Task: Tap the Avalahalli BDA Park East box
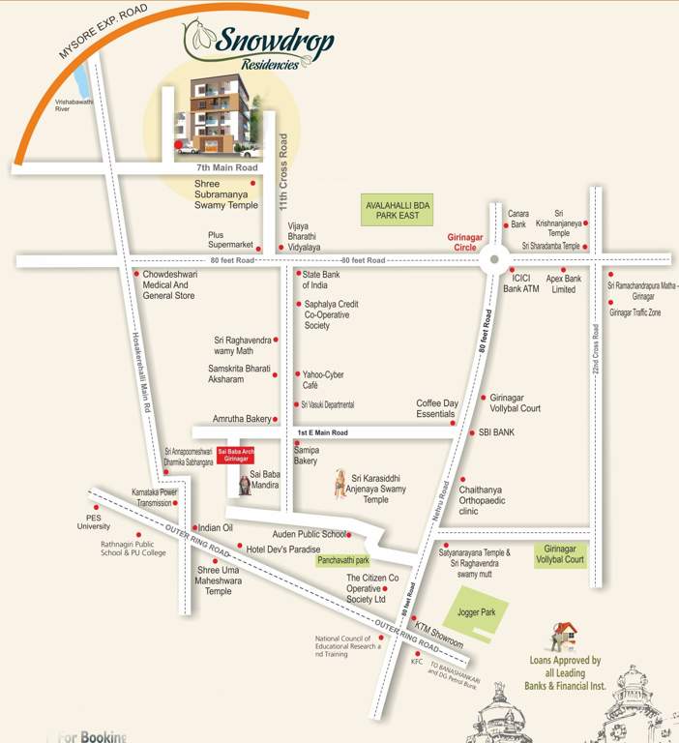tap(402, 209)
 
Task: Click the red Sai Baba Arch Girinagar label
tap(236, 455)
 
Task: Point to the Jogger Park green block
tap(475, 614)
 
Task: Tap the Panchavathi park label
tap(342, 560)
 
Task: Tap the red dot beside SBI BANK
tap(472, 432)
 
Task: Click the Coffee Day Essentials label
tap(437, 408)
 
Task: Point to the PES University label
tap(94, 522)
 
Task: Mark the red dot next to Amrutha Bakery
tap(276, 419)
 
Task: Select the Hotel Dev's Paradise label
tap(282, 549)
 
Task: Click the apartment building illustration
tap(215, 114)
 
